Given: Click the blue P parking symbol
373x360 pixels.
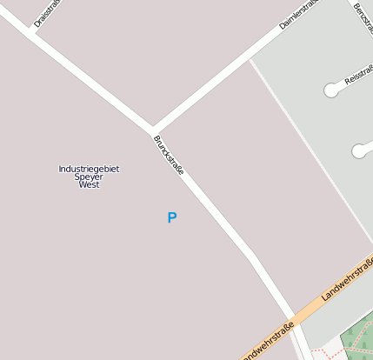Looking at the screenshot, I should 171,217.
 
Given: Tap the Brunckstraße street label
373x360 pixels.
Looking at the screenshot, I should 169,156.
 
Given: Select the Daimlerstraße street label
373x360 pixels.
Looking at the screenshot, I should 300,15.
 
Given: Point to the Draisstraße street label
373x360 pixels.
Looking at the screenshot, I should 43,14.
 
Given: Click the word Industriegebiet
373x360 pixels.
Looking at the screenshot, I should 89,168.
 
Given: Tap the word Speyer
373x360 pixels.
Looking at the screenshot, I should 89,177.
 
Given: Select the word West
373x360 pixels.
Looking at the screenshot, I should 89,184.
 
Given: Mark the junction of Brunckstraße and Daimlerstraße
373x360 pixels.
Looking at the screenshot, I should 153,130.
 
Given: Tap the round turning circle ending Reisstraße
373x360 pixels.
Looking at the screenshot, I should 332,89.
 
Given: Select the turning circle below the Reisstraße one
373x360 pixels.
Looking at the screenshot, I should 359,151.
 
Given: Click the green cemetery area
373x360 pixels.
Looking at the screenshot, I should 356,343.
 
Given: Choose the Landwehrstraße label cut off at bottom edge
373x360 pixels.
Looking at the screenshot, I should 268,343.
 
